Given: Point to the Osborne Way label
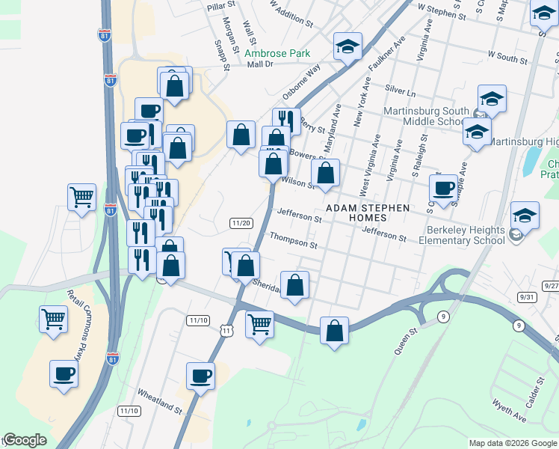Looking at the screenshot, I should pyautogui.click(x=301, y=81).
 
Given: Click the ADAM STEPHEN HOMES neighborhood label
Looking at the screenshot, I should pyautogui.click(x=366, y=213).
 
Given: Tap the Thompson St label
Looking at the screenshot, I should pyautogui.click(x=294, y=239).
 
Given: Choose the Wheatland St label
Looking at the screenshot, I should pyautogui.click(x=159, y=401).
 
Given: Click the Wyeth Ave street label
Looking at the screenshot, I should pyautogui.click(x=509, y=414).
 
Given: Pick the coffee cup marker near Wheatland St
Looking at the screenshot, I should pyautogui.click(x=200, y=376).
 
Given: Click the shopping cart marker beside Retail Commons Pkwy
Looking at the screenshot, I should pyautogui.click(x=54, y=319).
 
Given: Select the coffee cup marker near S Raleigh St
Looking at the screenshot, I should pyautogui.click(x=444, y=188).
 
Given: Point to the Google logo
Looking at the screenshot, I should pyautogui.click(x=25, y=440).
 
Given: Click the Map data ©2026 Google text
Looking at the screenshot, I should pyautogui.click(x=513, y=443).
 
